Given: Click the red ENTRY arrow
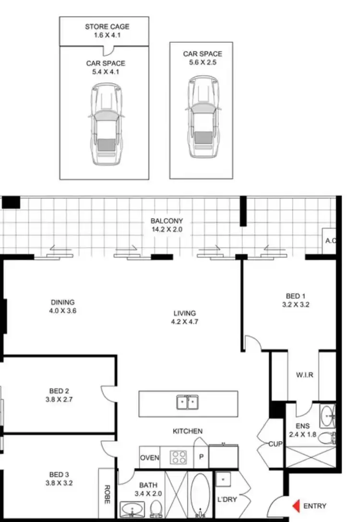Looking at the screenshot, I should click(297, 506).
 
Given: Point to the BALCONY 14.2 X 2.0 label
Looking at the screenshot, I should click(167, 225).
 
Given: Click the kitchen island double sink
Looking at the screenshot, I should click(188, 402).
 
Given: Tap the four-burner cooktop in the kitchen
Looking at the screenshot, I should click(179, 457).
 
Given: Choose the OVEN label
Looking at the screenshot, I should click(149, 458).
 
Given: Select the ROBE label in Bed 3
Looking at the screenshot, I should click(106, 495).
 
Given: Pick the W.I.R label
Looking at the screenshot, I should click(304, 375).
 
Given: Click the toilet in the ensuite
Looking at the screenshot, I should click(327, 438).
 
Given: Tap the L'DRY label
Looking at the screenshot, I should click(228, 499).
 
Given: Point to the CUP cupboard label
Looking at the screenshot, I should click(275, 444).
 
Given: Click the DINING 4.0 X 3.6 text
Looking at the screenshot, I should click(63, 306).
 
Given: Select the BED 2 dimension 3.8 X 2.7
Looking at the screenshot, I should click(63, 399).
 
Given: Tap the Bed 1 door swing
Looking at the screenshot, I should click(252, 342).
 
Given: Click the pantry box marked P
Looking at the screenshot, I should click(201, 458).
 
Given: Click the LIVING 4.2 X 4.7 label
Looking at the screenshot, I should click(185, 317).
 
